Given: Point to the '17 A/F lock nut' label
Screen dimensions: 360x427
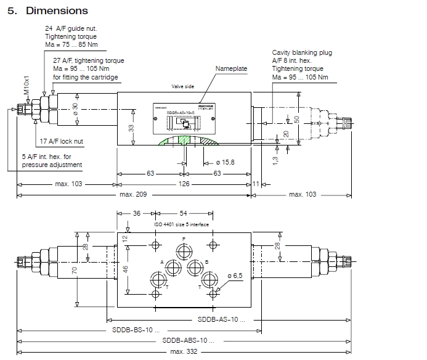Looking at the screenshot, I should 61,141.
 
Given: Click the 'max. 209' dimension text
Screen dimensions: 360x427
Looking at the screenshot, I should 132,195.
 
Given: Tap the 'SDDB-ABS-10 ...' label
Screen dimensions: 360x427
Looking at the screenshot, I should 188,340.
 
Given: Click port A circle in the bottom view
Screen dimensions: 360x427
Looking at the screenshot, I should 170,266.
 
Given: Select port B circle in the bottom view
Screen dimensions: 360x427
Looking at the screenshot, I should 196,266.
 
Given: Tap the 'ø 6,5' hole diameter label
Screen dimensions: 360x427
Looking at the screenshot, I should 235,275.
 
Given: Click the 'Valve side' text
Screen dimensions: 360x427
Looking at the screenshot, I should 182,87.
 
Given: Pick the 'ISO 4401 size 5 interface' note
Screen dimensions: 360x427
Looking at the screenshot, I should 182,224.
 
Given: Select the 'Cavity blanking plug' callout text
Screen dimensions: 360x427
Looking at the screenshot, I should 302,53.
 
